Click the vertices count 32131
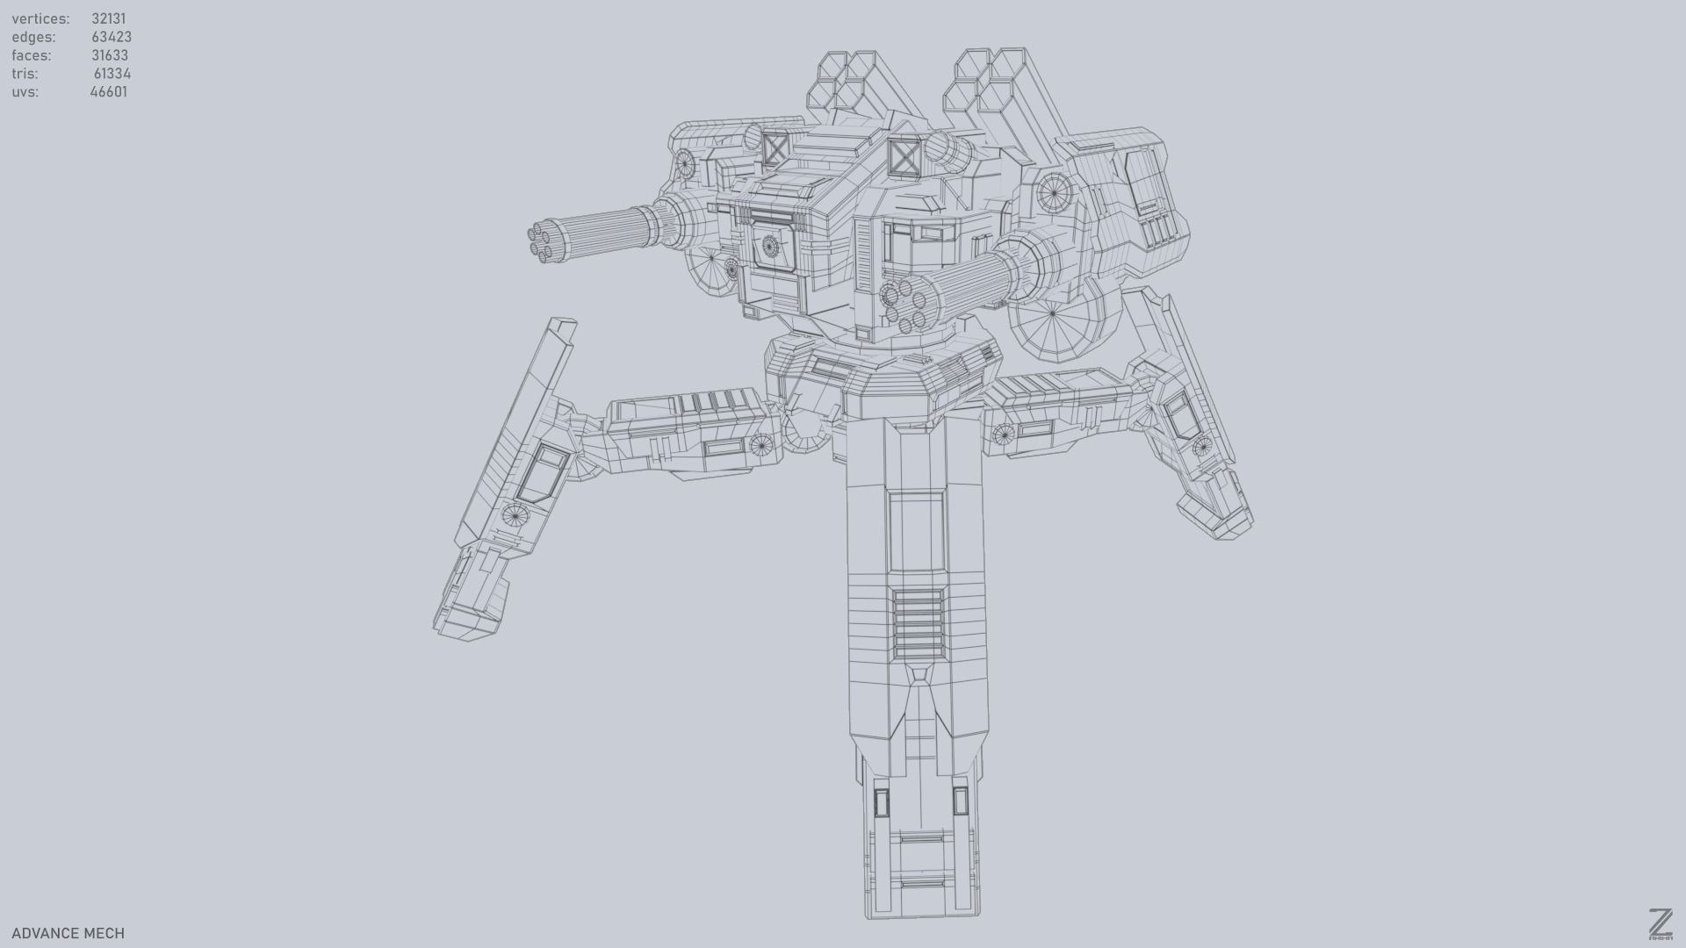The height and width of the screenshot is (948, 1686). [x=108, y=18]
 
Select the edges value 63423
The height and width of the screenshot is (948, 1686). [x=111, y=37]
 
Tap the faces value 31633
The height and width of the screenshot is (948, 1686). [x=110, y=55]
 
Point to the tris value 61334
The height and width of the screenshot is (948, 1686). [x=112, y=74]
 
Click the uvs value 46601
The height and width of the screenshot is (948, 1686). [x=108, y=92]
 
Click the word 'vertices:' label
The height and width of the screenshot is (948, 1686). [x=40, y=18]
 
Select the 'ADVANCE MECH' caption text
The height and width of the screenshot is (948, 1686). [x=68, y=933]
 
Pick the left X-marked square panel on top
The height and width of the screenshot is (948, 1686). [x=775, y=149]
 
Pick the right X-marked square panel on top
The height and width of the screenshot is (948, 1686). [x=903, y=159]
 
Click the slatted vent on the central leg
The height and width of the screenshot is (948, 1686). [x=919, y=623]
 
